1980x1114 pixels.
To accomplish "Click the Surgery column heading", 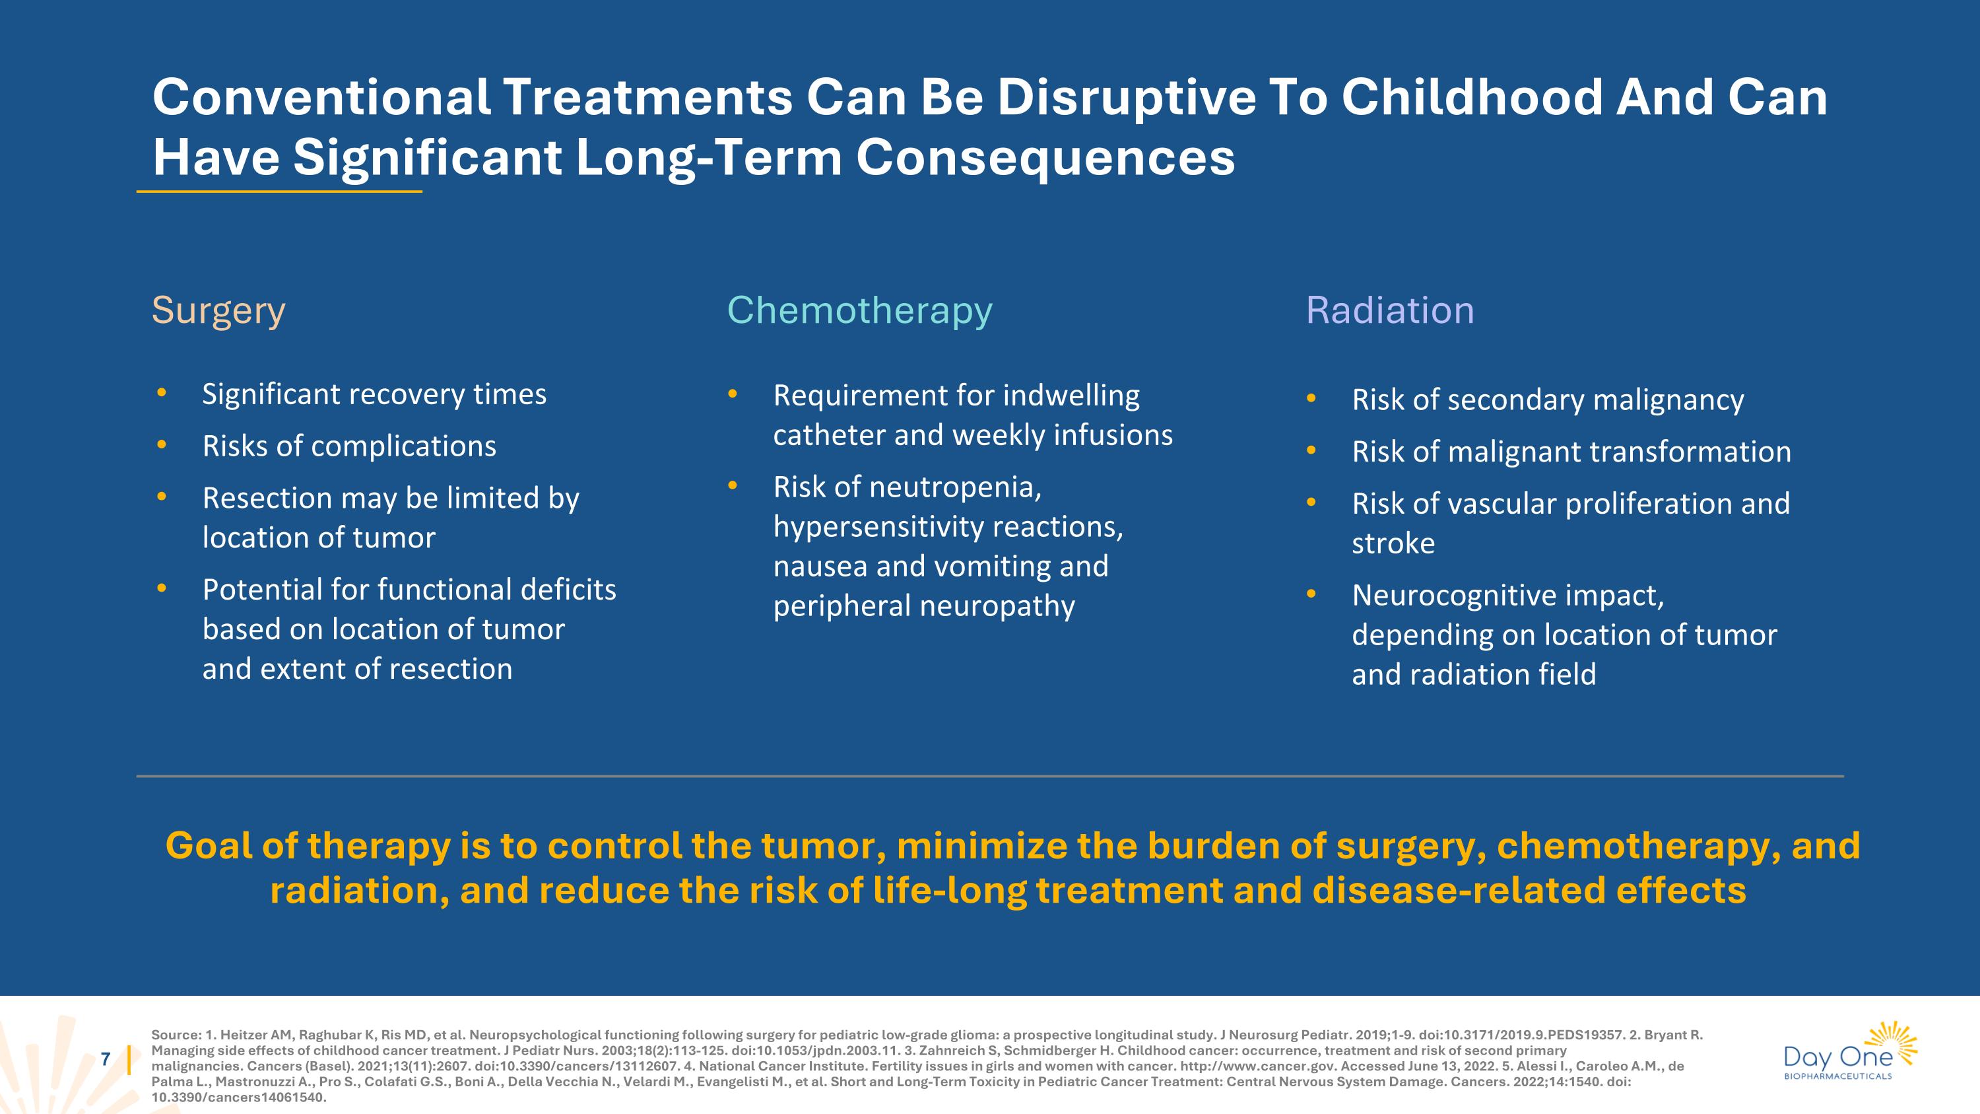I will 218,310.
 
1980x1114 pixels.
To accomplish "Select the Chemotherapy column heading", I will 859,310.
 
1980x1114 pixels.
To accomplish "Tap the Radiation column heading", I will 1390,310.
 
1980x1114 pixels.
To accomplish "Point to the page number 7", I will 106,1059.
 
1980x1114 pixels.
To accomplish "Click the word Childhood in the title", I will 1471,98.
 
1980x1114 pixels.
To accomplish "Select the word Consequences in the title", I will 1045,158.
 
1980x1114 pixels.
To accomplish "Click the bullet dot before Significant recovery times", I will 162,394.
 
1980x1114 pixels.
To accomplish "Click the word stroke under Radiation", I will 1393,543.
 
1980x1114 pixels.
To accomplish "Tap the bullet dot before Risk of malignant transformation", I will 1311,451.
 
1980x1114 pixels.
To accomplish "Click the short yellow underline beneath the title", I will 279,191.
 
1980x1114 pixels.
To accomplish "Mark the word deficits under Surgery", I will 568,590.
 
